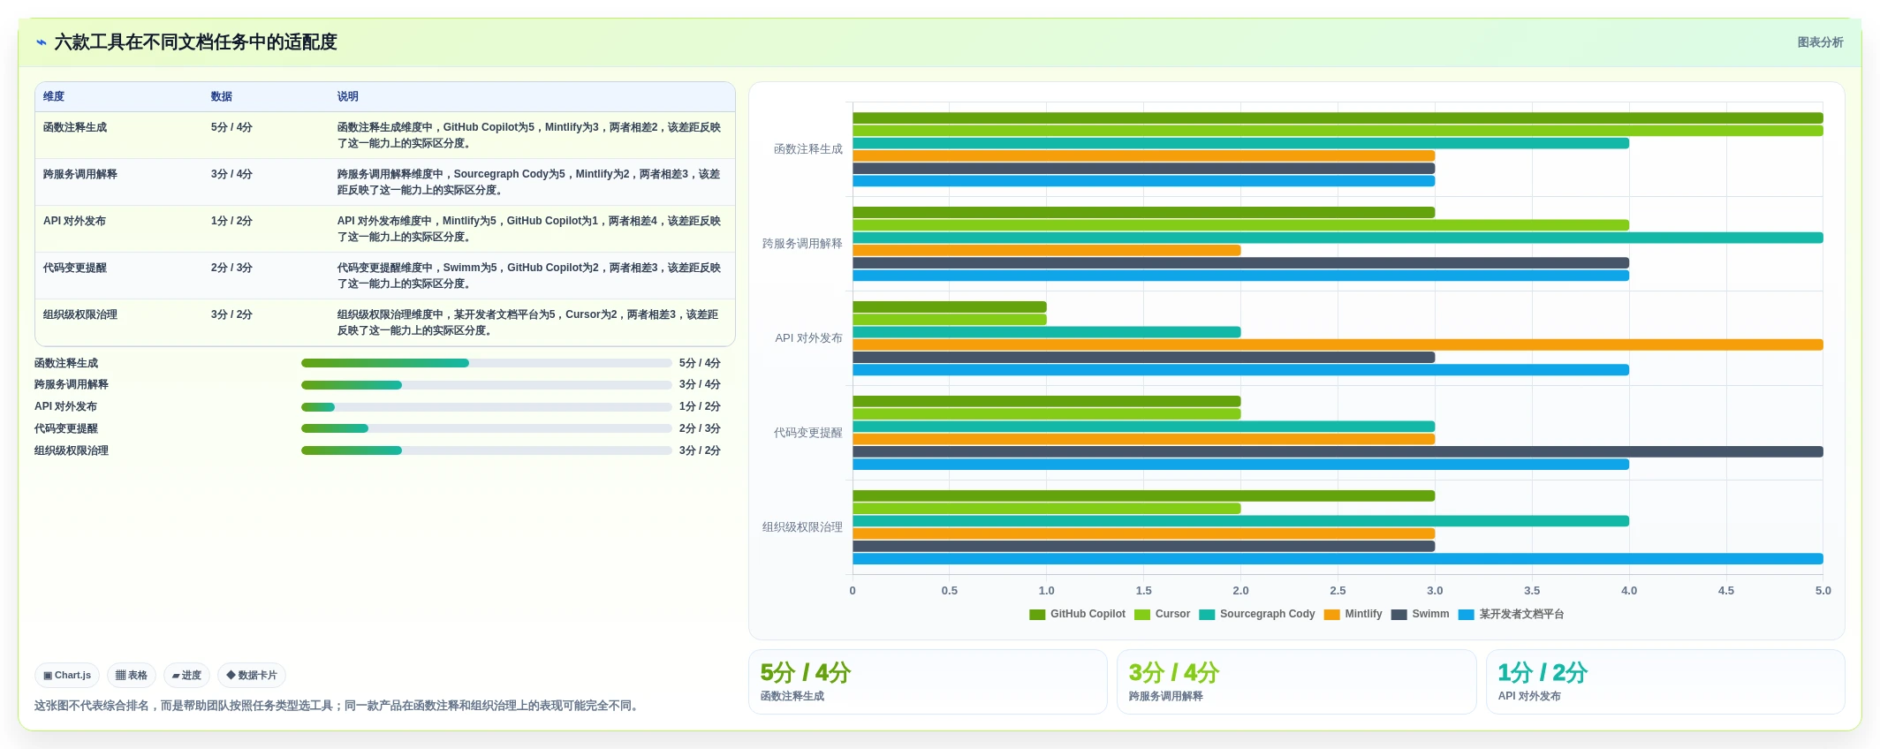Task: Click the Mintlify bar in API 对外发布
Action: coord(1338,344)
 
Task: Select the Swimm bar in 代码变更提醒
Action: coord(1338,451)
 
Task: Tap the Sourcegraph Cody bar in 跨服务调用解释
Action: coord(1338,238)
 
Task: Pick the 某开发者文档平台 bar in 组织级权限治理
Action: coord(1338,558)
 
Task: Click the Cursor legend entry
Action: coord(1162,614)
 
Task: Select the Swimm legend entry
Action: coord(1420,614)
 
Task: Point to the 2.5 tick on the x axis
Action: coord(1338,590)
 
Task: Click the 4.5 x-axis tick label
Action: coord(1725,590)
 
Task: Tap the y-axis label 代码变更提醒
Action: coord(807,433)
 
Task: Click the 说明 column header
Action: coord(347,96)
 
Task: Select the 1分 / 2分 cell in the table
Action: coord(231,221)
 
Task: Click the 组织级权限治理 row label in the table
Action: coord(80,314)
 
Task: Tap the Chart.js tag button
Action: coord(67,675)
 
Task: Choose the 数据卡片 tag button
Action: coord(252,675)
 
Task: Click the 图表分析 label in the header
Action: coord(1820,42)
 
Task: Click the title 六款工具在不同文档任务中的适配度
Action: coord(195,42)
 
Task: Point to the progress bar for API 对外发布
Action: coord(487,407)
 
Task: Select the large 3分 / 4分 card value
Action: coord(1173,673)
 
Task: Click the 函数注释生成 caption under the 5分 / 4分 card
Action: coord(792,696)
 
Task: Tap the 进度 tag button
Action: coord(186,675)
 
